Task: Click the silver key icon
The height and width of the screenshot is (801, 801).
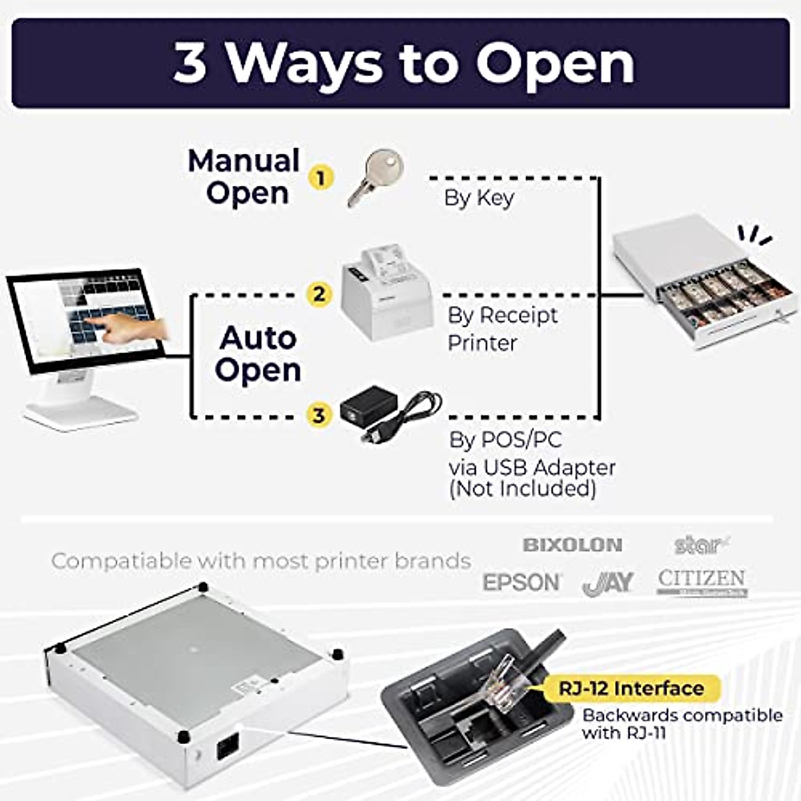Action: coord(376,176)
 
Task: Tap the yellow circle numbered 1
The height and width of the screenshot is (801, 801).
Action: coord(321,178)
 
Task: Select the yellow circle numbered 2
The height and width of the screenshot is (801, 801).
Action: coord(320,294)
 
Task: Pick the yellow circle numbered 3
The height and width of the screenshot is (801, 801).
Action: coord(319,415)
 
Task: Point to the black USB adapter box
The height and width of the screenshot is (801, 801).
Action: coord(368,405)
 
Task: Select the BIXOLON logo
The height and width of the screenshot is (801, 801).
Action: coord(572,545)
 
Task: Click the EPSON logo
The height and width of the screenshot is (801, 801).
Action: coord(522,582)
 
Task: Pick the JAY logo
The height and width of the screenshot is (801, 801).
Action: coord(608,583)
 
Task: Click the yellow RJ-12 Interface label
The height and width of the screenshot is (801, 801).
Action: coord(631,688)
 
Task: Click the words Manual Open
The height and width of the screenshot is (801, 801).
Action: coord(245,177)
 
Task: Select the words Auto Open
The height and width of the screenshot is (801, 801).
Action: coord(258,354)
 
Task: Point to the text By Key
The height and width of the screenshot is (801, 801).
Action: coord(479,198)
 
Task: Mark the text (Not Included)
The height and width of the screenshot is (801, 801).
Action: coord(523,489)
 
